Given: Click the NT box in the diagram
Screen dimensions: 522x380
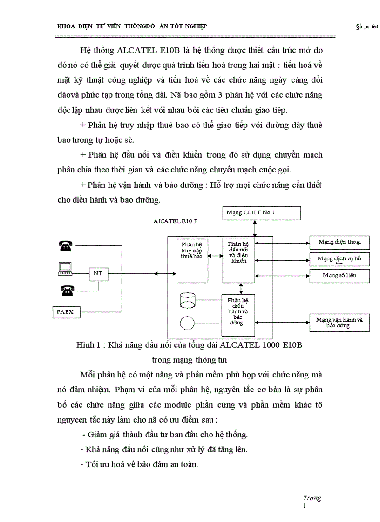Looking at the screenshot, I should coord(98,274).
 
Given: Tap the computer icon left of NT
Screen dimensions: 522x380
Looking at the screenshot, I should coord(65,268).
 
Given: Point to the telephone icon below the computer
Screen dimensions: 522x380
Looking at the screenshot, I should coord(67,291).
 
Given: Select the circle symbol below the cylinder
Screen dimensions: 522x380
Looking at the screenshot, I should coord(187,322).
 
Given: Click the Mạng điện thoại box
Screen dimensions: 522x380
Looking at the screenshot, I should coord(339,242).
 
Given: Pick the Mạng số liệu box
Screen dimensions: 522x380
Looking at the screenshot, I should coord(339,275).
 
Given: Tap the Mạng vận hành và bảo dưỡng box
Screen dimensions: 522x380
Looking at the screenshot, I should coord(339,323).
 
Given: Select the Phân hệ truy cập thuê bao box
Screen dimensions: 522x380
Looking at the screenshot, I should coord(192,261).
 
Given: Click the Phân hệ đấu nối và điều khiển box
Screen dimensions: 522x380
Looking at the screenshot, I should coord(239,261).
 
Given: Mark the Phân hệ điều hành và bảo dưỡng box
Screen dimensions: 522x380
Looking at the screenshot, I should coord(238,315).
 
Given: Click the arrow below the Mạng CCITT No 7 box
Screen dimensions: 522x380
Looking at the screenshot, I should coord(254,229).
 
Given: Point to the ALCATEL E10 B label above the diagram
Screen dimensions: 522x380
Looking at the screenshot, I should coord(175,221).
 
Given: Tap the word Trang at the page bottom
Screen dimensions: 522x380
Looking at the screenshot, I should coord(312,498).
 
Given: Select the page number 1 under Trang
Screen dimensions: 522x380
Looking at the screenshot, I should coord(305,505).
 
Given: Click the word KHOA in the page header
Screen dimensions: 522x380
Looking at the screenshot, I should coord(66,26).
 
